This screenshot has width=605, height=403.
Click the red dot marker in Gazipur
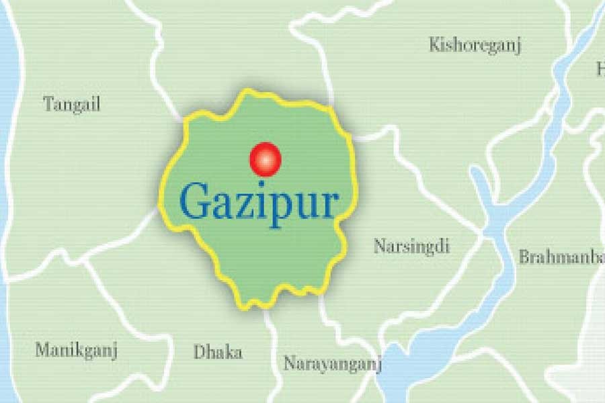point(265,159)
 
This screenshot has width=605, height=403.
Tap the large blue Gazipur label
point(258,201)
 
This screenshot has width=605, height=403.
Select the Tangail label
point(71,104)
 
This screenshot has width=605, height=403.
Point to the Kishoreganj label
point(475,45)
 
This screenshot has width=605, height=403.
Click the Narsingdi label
point(411,246)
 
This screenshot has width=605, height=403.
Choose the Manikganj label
point(76,350)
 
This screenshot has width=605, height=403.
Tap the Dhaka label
point(217,352)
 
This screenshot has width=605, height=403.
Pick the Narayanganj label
point(332,364)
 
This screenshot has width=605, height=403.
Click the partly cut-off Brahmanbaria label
point(561,257)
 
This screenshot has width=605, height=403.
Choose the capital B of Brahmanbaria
point(523,257)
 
